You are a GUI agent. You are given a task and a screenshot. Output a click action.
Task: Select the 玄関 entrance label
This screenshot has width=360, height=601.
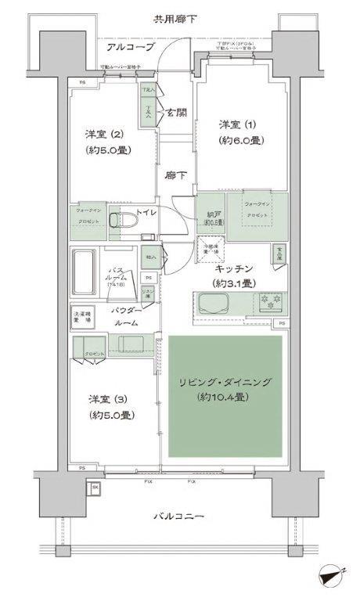175,113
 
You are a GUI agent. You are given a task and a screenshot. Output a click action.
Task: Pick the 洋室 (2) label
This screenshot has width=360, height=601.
104,134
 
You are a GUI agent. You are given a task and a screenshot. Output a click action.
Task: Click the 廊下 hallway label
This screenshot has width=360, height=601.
175,175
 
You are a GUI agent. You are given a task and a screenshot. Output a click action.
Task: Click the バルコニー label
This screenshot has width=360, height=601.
178,516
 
